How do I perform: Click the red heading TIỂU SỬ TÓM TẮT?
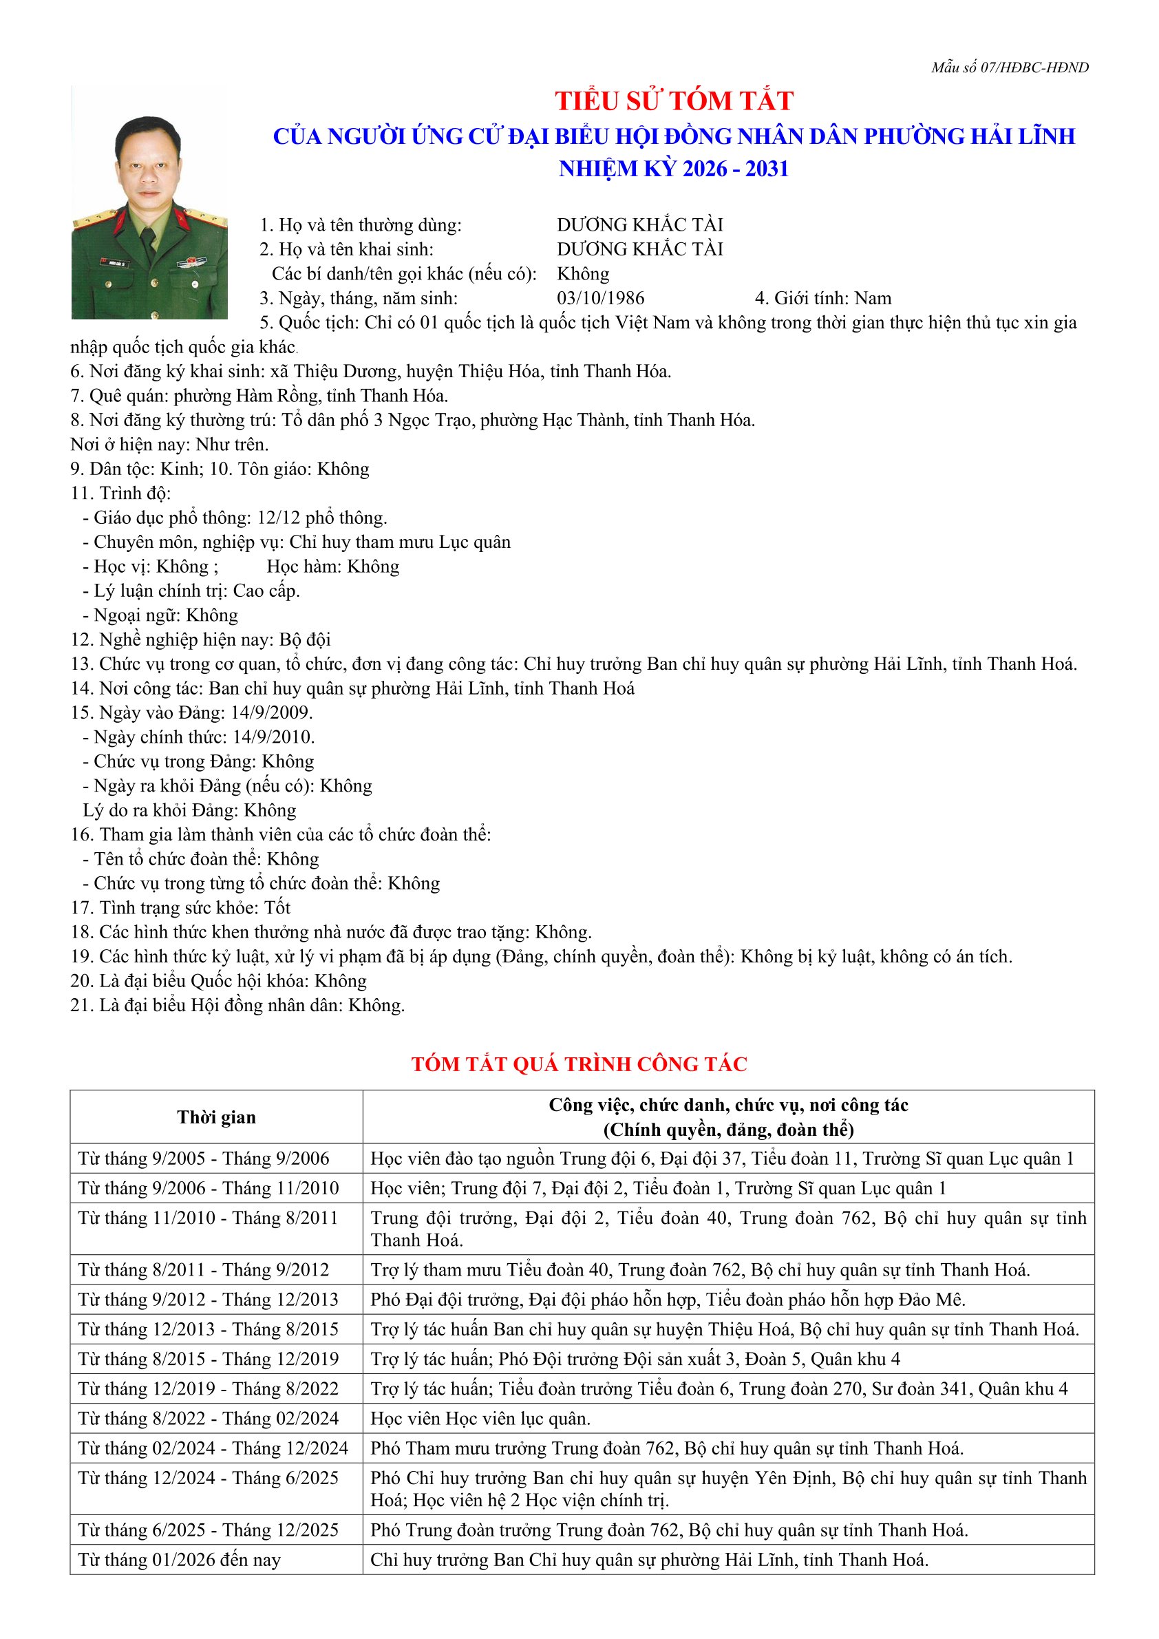click(x=674, y=101)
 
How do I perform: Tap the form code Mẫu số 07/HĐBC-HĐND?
click(x=1009, y=68)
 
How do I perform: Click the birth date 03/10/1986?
click(x=600, y=298)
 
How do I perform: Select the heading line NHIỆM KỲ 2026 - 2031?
click(x=674, y=169)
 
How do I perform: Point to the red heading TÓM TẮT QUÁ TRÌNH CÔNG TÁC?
click(x=579, y=1064)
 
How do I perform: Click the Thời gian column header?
click(x=216, y=1117)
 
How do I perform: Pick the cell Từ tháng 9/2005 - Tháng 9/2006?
click(x=204, y=1159)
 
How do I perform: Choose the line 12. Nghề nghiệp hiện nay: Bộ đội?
click(x=200, y=639)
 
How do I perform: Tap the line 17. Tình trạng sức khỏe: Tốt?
click(x=180, y=907)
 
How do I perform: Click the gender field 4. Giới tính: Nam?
click(x=823, y=298)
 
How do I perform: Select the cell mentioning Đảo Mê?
click(x=668, y=1300)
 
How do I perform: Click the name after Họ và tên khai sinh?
click(x=639, y=249)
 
